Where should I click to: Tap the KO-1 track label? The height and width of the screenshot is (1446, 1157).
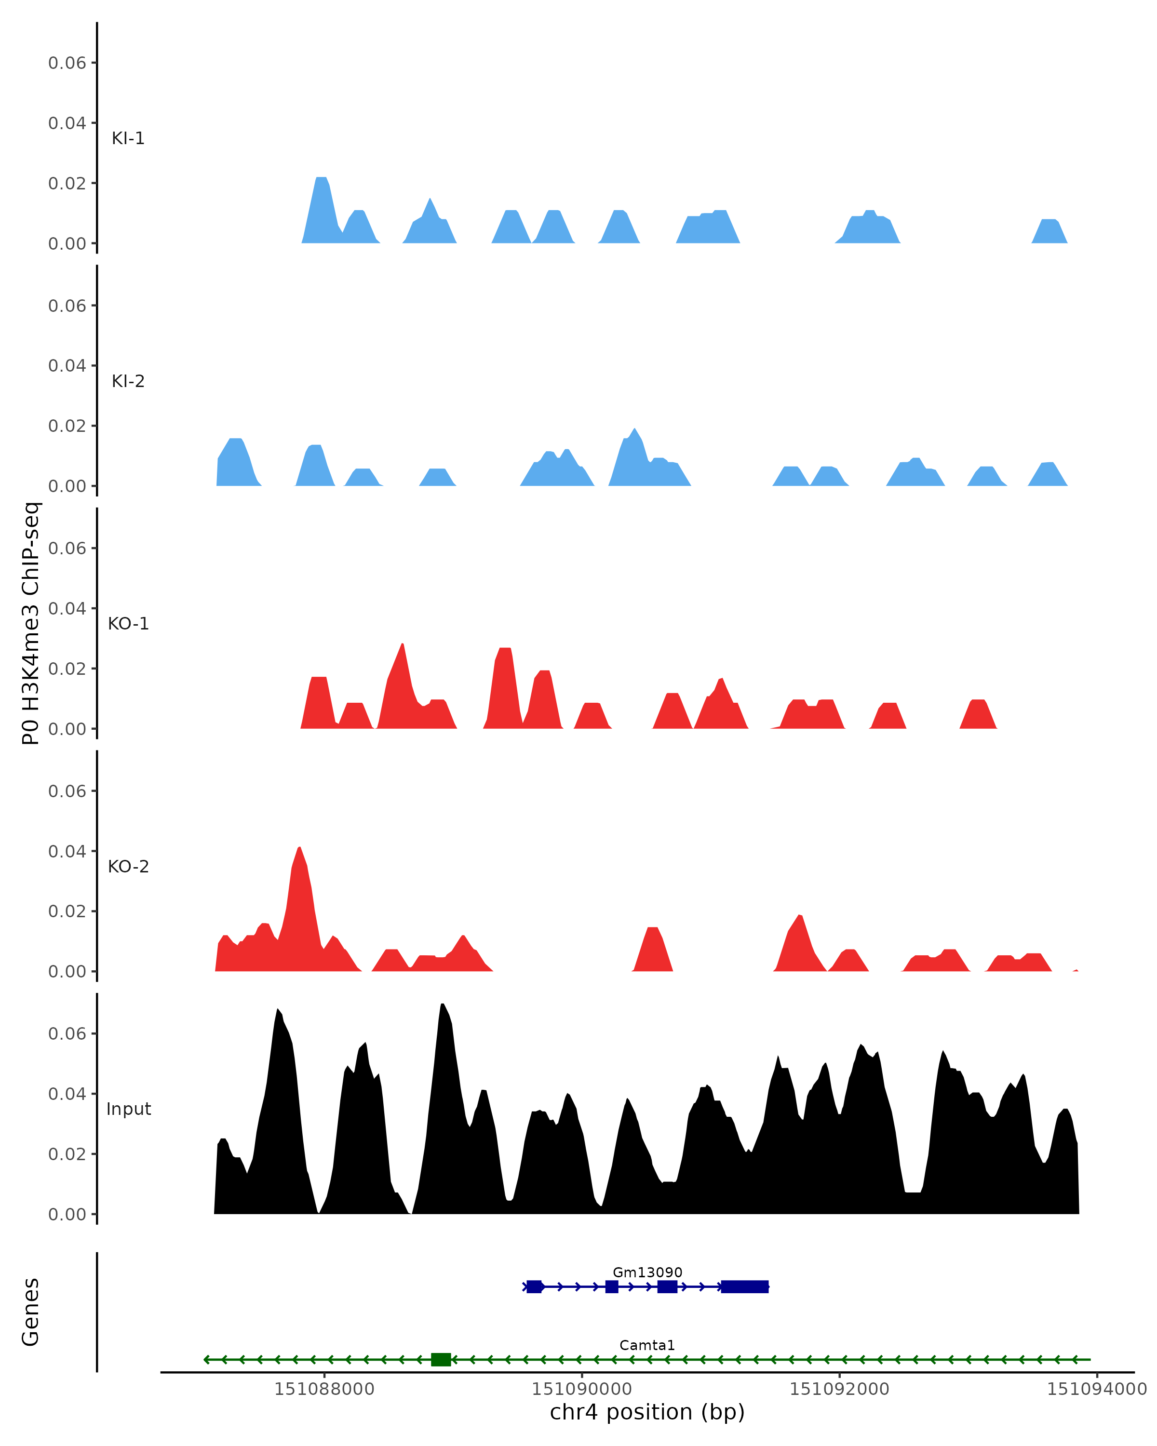pos(128,624)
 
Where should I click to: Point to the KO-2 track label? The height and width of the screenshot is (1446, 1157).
pos(128,867)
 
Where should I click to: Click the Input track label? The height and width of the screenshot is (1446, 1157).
pos(128,1109)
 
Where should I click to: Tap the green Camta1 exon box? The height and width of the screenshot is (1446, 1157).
pos(440,1360)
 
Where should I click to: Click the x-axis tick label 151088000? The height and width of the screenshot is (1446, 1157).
pos(323,1389)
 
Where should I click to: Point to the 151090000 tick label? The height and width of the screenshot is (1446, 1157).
pos(581,1389)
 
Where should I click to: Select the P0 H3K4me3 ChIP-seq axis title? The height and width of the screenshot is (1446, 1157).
pos(31,624)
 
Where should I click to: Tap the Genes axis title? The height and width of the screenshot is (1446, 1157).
pos(31,1312)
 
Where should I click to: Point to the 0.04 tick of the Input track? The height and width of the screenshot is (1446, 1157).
pos(67,1094)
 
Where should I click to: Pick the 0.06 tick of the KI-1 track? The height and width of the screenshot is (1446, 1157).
pos(67,63)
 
